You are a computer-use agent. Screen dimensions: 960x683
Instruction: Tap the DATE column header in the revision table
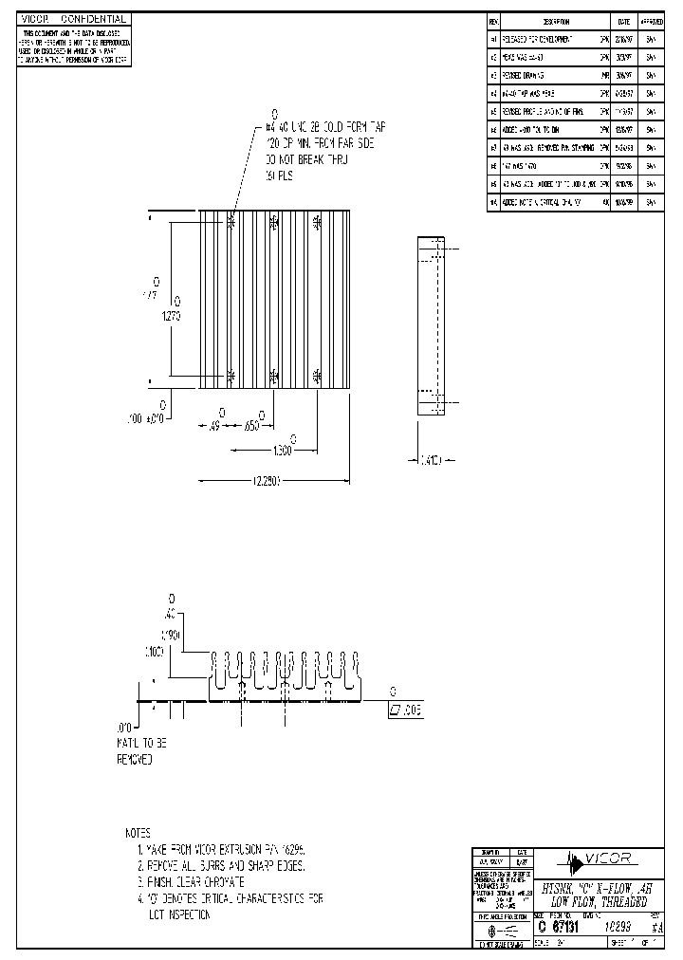[x=623, y=21]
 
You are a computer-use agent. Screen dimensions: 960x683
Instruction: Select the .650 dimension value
[x=251, y=426]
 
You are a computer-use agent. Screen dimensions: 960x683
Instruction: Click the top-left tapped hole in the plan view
[x=232, y=222]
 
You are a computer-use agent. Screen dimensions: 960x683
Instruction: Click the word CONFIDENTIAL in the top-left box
[x=94, y=19]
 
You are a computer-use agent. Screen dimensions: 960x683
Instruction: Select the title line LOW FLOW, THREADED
[x=594, y=900]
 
